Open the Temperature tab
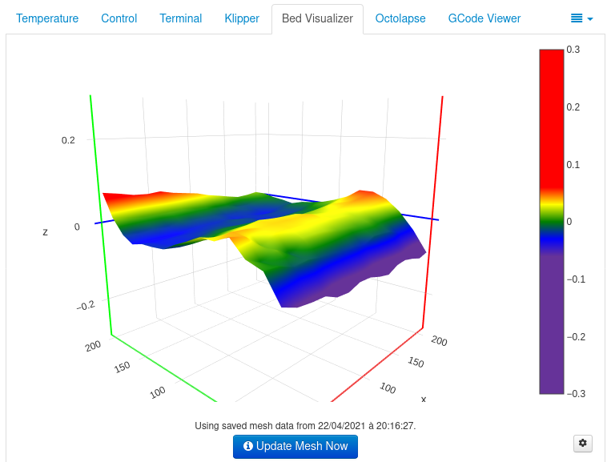point(47,18)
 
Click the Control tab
point(119,18)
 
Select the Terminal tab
point(180,18)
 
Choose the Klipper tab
point(242,18)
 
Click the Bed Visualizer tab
point(317,18)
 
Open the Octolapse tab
point(400,18)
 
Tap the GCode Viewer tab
point(484,18)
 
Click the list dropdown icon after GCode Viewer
point(581,18)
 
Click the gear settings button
point(583,443)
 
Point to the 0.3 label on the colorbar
point(573,50)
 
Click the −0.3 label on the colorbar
point(577,394)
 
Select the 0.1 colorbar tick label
point(573,164)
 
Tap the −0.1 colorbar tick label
point(577,279)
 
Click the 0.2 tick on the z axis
point(68,140)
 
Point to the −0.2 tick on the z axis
point(85,305)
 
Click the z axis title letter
point(45,232)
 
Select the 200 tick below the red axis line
point(439,340)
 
